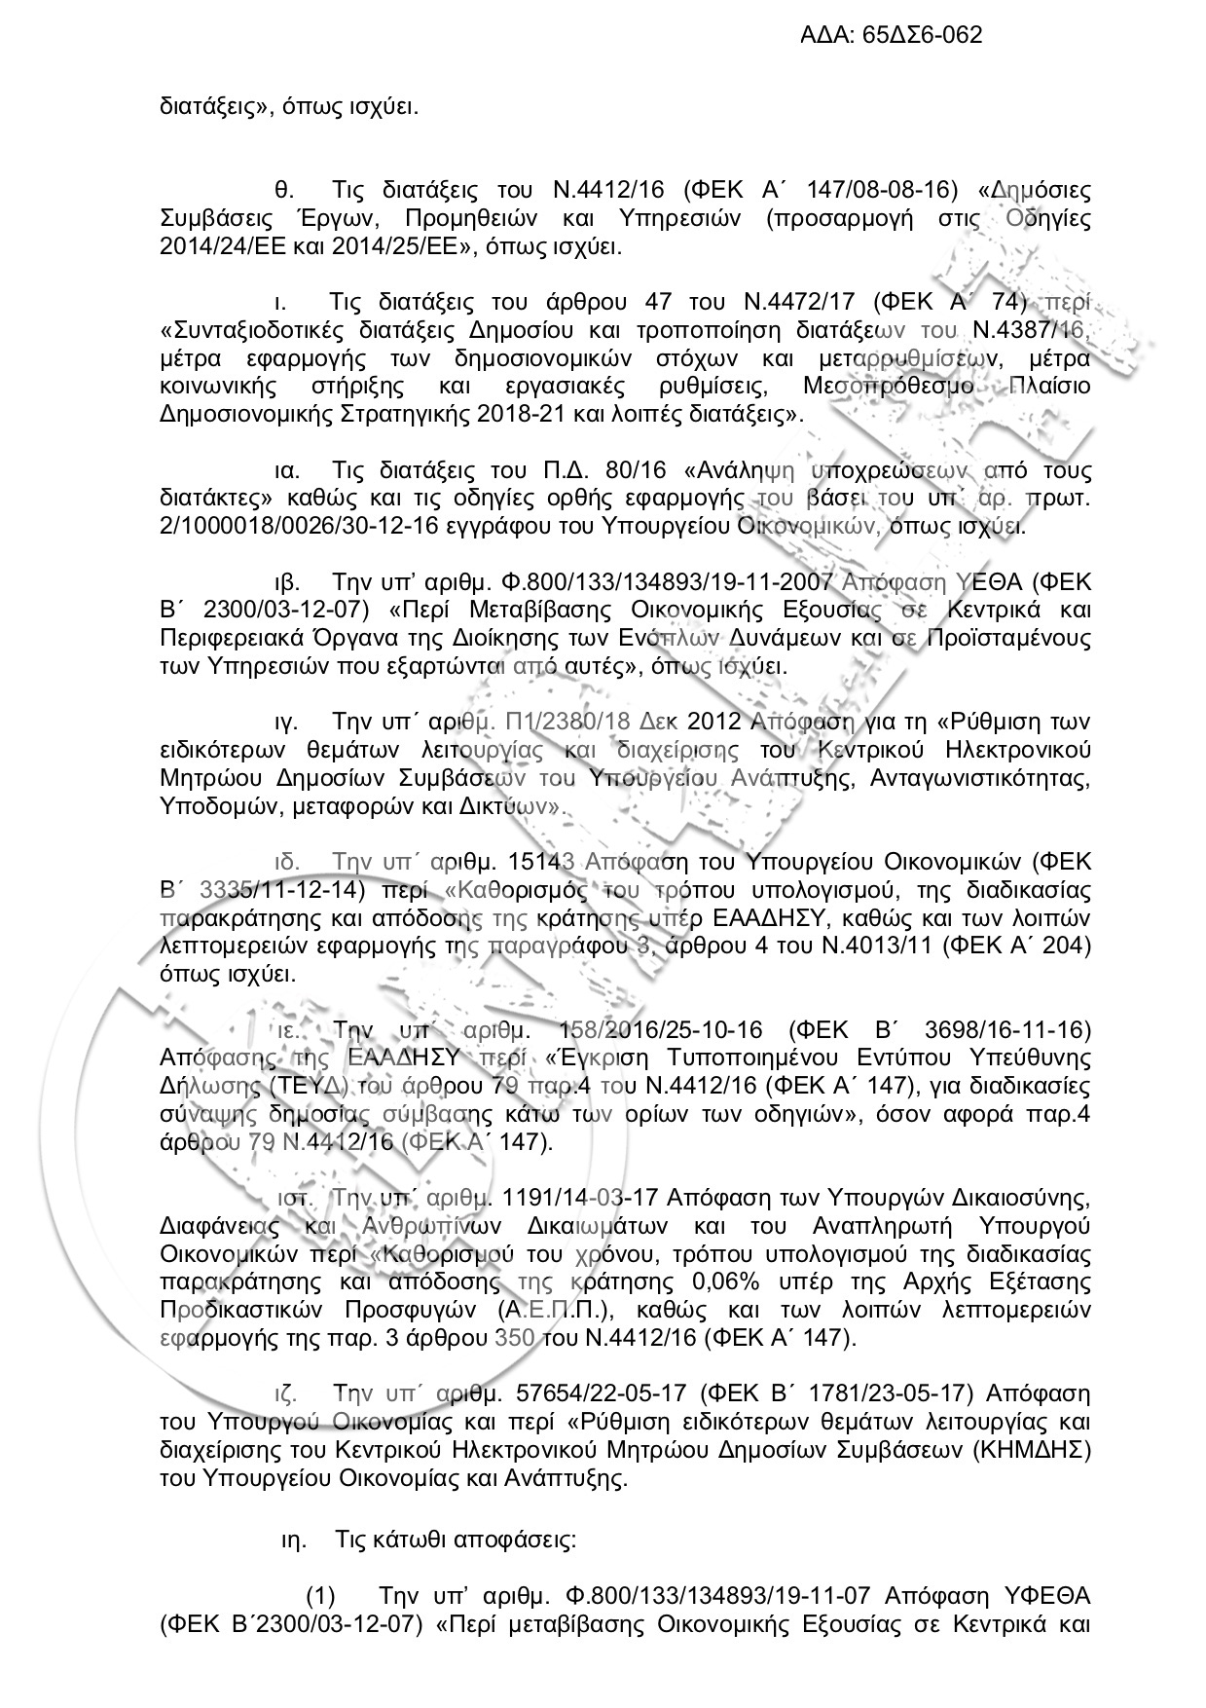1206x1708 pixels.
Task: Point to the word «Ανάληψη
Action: [742, 471]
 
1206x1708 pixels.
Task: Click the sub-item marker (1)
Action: [321, 1597]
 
